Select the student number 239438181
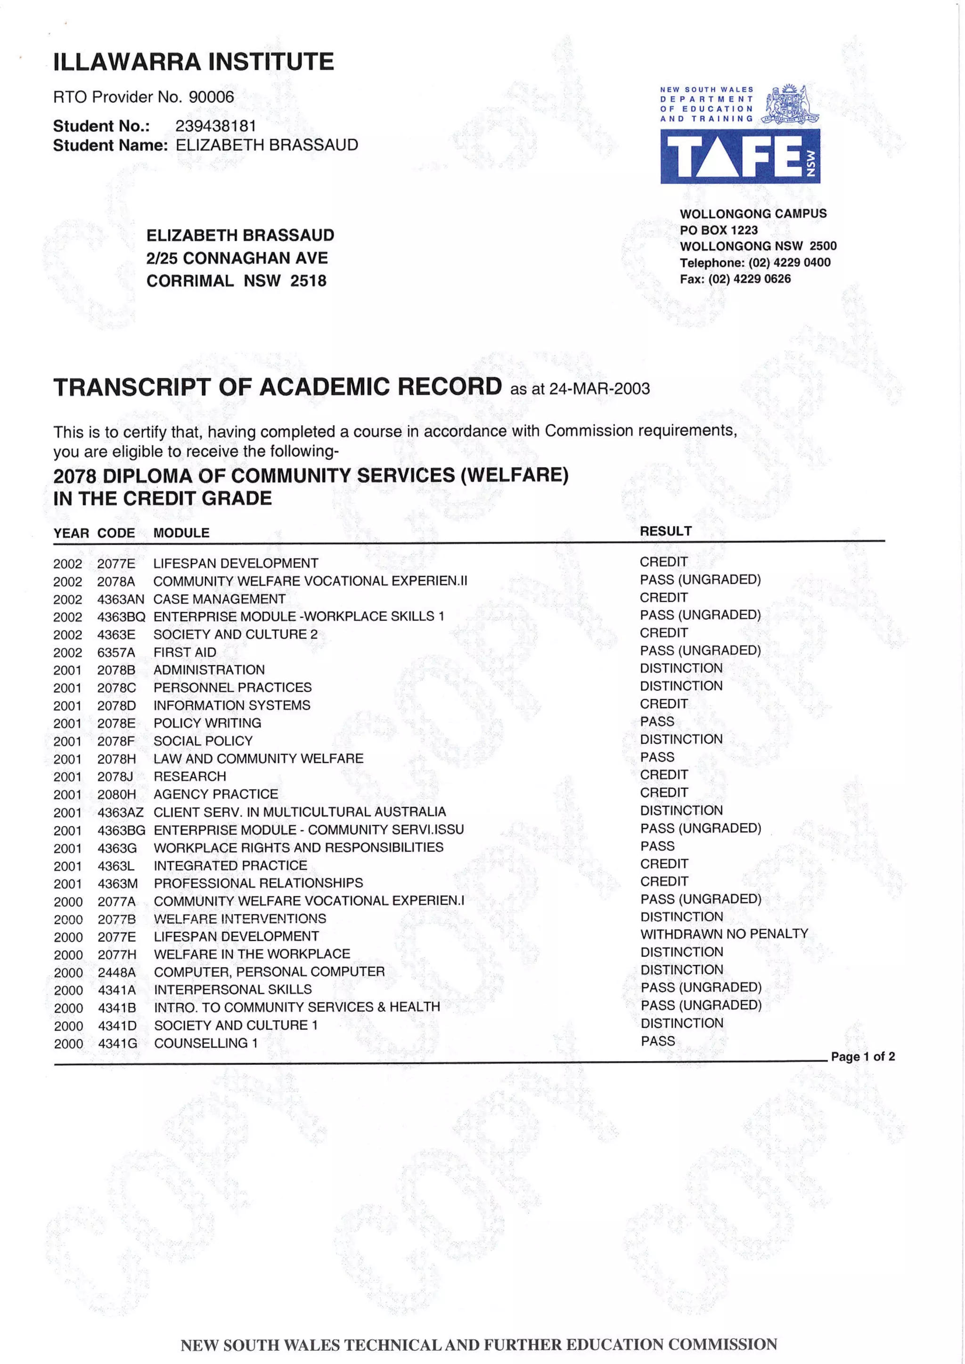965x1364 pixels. tap(215, 126)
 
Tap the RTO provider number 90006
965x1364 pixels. tap(211, 97)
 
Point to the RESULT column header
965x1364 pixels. tap(665, 531)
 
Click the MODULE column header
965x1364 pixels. tap(181, 533)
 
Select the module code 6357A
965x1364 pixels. tap(116, 652)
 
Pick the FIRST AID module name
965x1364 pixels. tap(185, 652)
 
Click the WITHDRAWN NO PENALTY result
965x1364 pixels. tap(724, 934)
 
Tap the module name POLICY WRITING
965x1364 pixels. tap(207, 723)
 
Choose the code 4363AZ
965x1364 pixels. tap(121, 812)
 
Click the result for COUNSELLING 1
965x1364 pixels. tap(658, 1041)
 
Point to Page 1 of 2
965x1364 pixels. tap(862, 1056)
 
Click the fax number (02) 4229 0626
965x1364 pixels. tap(749, 278)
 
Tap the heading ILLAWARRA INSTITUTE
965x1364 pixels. tap(193, 62)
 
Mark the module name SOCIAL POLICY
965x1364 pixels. tap(203, 741)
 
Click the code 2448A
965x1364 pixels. tap(116, 972)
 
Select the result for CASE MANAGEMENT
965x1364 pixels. tap(664, 597)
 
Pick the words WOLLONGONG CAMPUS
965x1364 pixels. tap(753, 214)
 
